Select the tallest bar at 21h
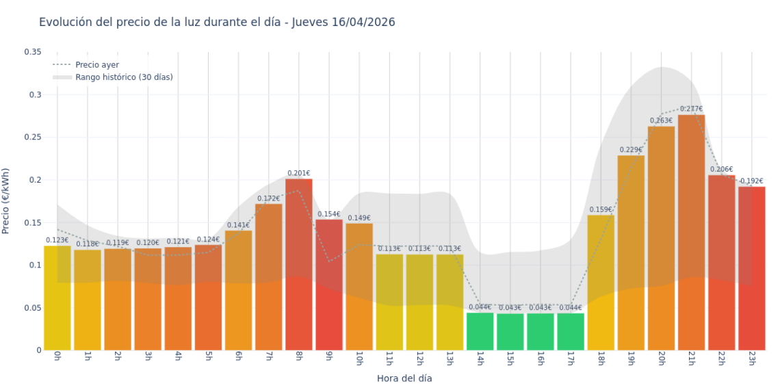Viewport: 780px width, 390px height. pyautogui.click(x=691, y=233)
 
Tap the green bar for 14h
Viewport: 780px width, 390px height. pyautogui.click(x=480, y=331)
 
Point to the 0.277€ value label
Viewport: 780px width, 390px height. pyautogui.click(x=691, y=109)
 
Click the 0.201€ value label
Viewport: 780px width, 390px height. pyautogui.click(x=298, y=173)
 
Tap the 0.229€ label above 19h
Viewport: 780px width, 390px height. pyautogui.click(x=631, y=150)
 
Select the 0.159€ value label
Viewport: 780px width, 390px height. pyautogui.click(x=601, y=209)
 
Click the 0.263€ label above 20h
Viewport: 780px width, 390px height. pyautogui.click(x=661, y=120)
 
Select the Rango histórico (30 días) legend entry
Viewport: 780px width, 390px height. pyautogui.click(x=124, y=77)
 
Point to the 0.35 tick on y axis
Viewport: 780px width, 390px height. pyautogui.click(x=32, y=52)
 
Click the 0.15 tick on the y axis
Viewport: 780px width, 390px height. pyautogui.click(x=32, y=222)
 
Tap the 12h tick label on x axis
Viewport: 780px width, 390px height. pyautogui.click(x=419, y=360)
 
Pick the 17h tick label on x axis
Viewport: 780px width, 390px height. pyautogui.click(x=571, y=360)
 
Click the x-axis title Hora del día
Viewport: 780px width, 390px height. pyautogui.click(x=404, y=378)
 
